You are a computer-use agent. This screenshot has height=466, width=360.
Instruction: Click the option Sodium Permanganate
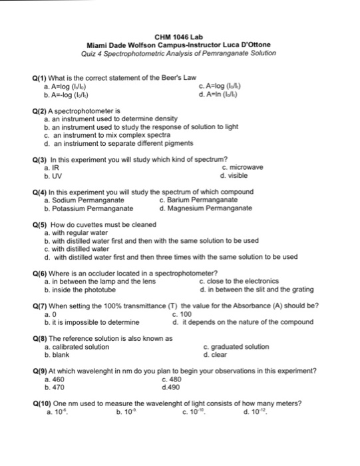87,200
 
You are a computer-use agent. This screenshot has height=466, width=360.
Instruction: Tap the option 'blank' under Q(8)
60,355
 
